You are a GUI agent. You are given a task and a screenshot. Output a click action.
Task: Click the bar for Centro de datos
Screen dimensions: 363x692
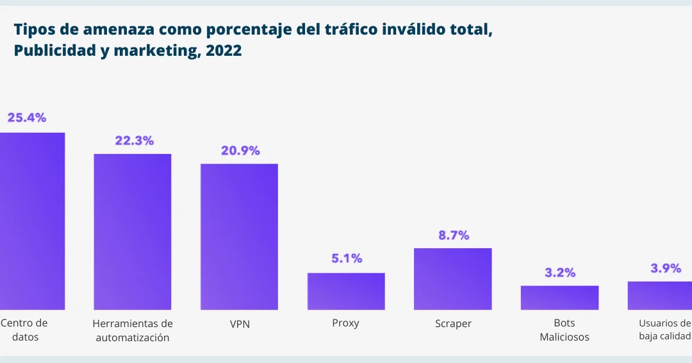pos(32,221)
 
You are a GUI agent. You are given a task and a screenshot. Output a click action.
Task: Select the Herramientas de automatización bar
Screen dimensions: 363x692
pos(133,232)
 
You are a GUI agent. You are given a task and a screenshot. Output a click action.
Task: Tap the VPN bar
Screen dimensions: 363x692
pos(239,237)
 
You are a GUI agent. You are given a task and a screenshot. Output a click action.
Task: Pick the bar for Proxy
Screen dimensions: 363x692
pos(346,291)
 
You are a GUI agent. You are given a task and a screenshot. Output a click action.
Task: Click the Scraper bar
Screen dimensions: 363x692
pos(452,279)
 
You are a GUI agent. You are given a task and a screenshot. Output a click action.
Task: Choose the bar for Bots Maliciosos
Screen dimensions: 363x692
pos(559,298)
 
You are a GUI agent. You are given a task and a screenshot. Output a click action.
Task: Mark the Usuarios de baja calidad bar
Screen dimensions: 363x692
pos(660,296)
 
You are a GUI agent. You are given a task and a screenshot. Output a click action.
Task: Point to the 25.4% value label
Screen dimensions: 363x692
pos(26,117)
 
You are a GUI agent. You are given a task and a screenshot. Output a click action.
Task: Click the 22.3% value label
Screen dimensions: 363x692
pos(134,140)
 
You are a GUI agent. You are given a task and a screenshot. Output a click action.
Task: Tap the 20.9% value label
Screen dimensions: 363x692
pos(240,151)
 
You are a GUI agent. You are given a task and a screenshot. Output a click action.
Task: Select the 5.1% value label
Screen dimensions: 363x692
pos(347,258)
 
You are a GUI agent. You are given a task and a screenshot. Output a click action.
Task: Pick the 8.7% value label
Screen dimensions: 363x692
pos(454,235)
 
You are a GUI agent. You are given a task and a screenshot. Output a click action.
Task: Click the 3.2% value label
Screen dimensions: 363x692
pos(560,272)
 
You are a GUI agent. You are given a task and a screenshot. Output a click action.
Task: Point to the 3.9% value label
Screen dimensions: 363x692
pos(666,268)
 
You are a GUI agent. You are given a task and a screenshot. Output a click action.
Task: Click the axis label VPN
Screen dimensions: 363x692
pos(240,325)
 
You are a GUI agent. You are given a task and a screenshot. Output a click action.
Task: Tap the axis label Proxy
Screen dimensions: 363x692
pos(345,323)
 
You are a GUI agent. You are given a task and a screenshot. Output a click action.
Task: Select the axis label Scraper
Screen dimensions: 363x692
pos(452,324)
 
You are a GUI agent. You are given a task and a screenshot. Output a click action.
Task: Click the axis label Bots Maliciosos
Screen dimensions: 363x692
pos(564,330)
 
